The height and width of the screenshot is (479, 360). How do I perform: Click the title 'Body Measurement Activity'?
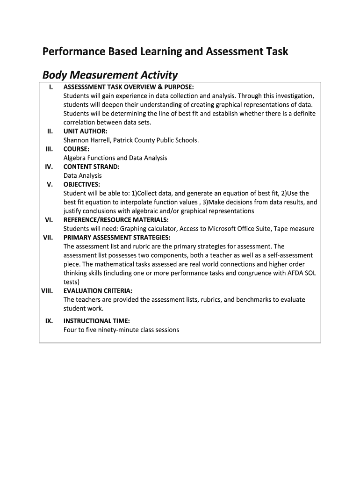(110, 75)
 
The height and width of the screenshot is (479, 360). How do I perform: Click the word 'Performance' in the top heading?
(72, 51)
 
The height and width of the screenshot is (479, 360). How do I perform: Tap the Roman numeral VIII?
(47, 290)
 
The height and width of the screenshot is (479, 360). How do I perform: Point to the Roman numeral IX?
(49, 321)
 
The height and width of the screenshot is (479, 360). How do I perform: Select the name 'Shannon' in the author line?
(76, 140)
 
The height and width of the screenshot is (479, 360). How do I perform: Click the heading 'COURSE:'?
(77, 149)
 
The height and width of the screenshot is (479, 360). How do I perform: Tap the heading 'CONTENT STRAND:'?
(92, 167)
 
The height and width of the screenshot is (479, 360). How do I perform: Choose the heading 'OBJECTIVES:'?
(82, 184)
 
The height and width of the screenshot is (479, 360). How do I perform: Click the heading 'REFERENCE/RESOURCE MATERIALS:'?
(116, 220)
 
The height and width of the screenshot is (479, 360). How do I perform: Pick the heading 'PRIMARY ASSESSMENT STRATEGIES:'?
(117, 238)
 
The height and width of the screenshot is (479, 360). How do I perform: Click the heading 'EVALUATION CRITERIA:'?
(98, 290)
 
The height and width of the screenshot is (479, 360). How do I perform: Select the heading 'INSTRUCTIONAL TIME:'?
(96, 321)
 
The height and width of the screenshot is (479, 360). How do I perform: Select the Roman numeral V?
(50, 184)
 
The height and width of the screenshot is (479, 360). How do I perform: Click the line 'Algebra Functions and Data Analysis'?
(115, 158)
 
